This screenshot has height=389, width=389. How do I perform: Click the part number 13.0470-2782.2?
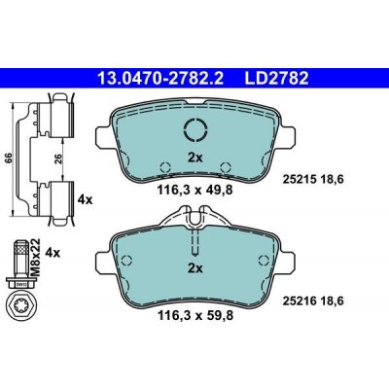[160, 79]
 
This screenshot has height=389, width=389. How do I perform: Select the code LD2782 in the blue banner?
[276, 79]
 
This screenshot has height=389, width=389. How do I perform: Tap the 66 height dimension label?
[9, 159]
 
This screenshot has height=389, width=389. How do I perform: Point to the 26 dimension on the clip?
[58, 159]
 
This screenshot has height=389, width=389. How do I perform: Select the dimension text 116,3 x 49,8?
[194, 190]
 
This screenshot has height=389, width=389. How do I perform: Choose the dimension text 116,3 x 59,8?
[194, 315]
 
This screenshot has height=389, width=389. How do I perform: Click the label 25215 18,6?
[313, 179]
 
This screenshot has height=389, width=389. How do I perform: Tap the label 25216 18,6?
[313, 301]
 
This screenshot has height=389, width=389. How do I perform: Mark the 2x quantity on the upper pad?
[195, 158]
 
